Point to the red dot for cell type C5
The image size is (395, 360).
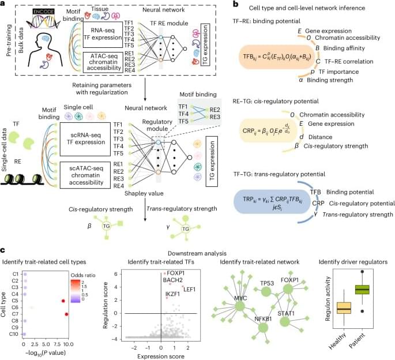62,301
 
